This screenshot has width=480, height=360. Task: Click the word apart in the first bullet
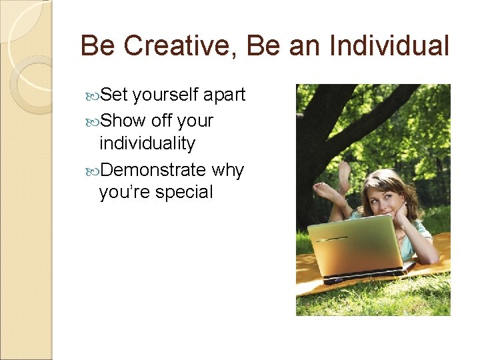coord(224,95)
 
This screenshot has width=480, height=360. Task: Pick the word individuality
coord(147,143)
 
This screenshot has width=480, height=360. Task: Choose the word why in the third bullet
coord(228,171)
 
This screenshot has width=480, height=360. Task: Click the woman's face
coord(381,196)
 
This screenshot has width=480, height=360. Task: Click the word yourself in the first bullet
coord(166,95)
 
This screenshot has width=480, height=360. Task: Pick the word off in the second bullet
coord(162,121)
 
